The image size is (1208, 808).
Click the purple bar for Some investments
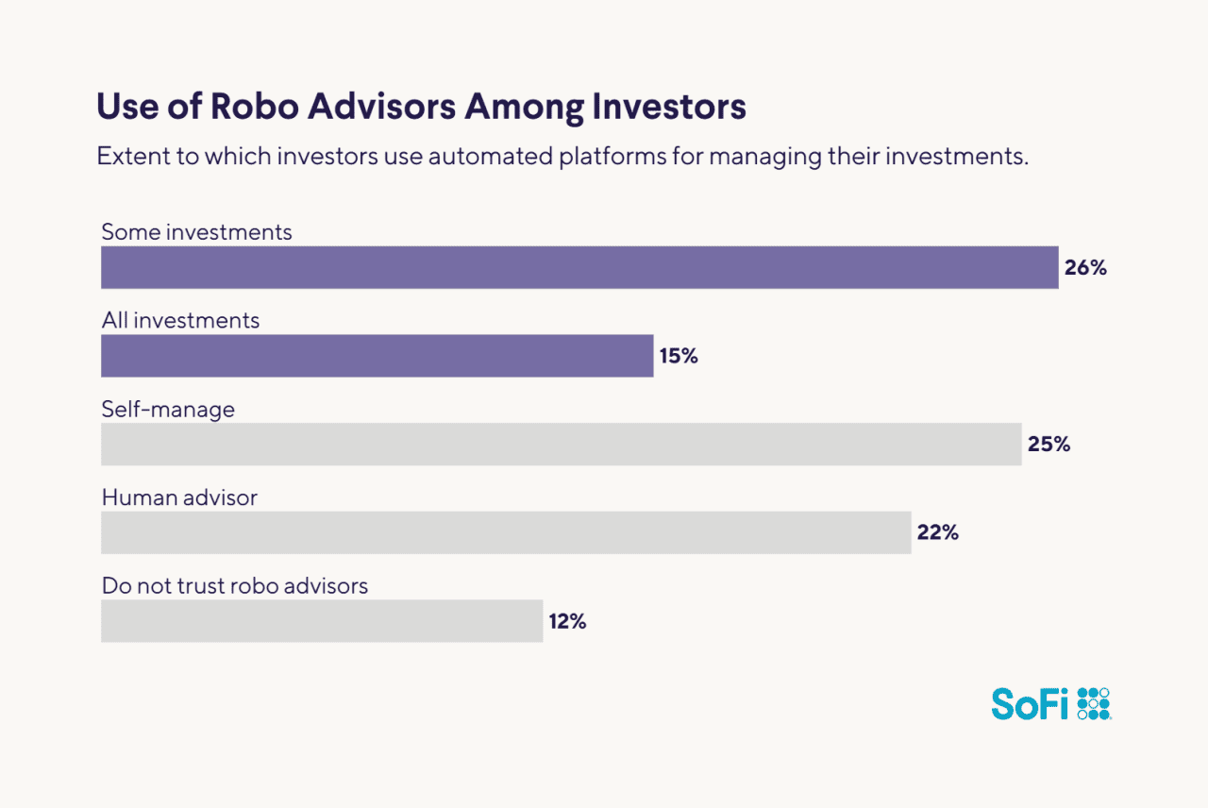[x=579, y=267]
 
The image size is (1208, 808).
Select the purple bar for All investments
[x=377, y=356]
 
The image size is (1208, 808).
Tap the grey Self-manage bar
[x=561, y=444]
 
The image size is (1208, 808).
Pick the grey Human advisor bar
[x=506, y=532]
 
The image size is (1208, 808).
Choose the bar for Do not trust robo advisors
[x=322, y=621]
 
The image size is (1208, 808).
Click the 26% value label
[x=1085, y=267]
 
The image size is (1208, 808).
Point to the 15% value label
[x=679, y=356]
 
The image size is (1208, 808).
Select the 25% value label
[x=1049, y=444]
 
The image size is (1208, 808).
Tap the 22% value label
[x=937, y=532]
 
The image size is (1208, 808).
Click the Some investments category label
[x=196, y=231]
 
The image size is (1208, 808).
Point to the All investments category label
[x=180, y=320]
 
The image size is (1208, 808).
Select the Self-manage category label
[x=168, y=409]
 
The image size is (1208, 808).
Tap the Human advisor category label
[x=179, y=497]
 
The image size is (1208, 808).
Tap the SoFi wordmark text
[x=1031, y=703]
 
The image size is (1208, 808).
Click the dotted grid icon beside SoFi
[x=1094, y=703]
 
